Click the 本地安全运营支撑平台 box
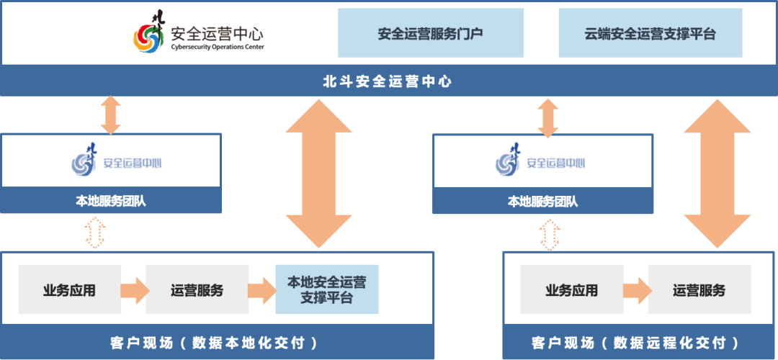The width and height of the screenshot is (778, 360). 327,289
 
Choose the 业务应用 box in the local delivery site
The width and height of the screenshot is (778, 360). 70,289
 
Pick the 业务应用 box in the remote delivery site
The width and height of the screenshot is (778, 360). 572,289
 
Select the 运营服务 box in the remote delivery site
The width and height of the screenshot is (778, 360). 699,289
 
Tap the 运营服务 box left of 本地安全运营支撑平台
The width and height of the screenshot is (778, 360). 197,289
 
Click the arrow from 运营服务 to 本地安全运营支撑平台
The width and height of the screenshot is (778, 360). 262,290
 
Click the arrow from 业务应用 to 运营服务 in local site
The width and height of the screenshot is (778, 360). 134,290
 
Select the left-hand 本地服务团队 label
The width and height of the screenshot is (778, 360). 111,201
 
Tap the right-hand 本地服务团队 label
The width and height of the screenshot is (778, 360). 542,202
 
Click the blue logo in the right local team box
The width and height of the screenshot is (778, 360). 508,161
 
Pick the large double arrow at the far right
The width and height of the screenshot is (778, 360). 717,174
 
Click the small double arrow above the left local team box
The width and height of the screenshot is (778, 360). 111,115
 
